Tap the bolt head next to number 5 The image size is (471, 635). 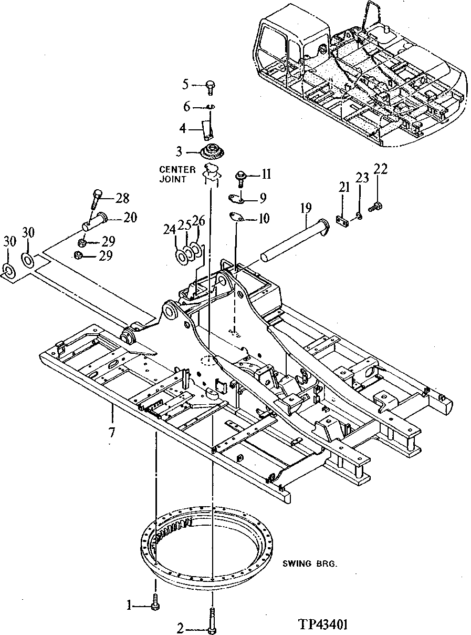(211, 84)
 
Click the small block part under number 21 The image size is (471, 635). (342, 223)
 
